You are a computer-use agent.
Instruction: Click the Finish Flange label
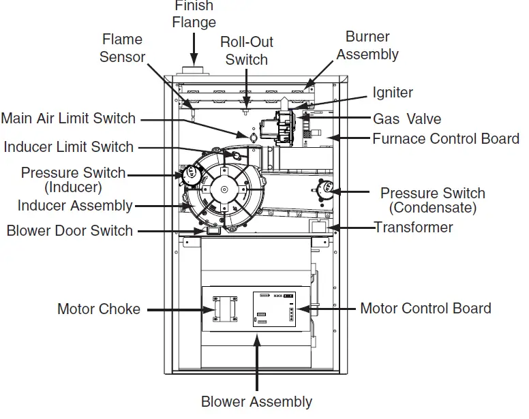tap(194, 14)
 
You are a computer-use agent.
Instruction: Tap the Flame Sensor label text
tap(123, 48)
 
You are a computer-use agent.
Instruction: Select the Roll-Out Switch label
tap(246, 50)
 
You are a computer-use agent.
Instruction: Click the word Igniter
tap(393, 93)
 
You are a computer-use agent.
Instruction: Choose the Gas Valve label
tap(406, 119)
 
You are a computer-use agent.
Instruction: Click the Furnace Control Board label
tap(446, 139)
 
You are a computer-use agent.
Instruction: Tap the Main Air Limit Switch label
tap(68, 119)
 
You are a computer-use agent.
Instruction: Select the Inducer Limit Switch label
tap(69, 146)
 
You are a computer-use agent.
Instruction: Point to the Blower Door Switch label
tap(70, 230)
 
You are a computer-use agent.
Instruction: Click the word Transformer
tap(413, 226)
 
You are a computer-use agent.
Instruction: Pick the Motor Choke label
tap(99, 309)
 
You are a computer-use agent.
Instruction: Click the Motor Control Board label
tap(425, 308)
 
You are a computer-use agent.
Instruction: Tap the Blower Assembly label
tap(256, 402)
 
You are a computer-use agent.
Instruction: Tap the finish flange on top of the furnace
tap(195, 71)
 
